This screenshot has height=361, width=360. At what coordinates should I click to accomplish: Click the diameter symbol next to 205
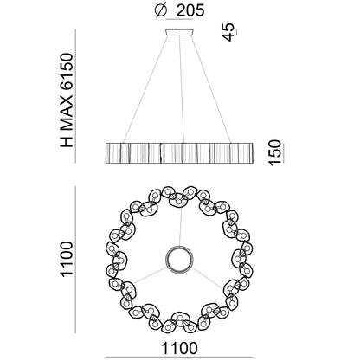click(x=161, y=10)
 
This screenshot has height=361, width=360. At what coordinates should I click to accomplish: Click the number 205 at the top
click(x=190, y=10)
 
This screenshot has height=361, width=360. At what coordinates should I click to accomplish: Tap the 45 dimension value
click(x=228, y=32)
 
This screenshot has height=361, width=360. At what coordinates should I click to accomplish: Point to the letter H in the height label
click(x=67, y=142)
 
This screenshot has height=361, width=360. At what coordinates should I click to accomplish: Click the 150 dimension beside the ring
click(x=274, y=152)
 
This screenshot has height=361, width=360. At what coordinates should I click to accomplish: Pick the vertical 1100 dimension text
click(x=67, y=260)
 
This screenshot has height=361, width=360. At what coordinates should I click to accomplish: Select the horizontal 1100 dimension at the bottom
click(x=179, y=348)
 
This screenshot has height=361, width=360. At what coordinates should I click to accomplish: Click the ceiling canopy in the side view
click(x=179, y=32)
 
